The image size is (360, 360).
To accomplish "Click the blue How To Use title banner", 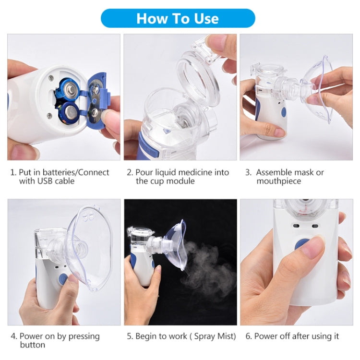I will (x=178, y=18).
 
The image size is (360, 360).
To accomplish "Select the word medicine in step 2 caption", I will (x=194, y=172).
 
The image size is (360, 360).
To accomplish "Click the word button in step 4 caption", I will (x=32, y=345).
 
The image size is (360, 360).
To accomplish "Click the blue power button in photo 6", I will (x=302, y=244).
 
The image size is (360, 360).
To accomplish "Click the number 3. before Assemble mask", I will (x=248, y=172).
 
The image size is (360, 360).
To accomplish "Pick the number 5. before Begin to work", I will (x=130, y=336).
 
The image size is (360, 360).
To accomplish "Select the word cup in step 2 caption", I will (x=157, y=181).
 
